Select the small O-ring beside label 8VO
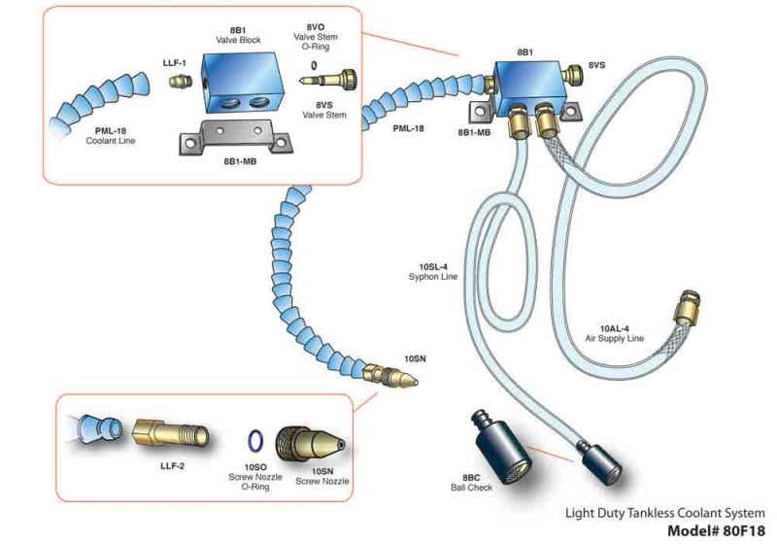[314, 67]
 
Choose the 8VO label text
[315, 28]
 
